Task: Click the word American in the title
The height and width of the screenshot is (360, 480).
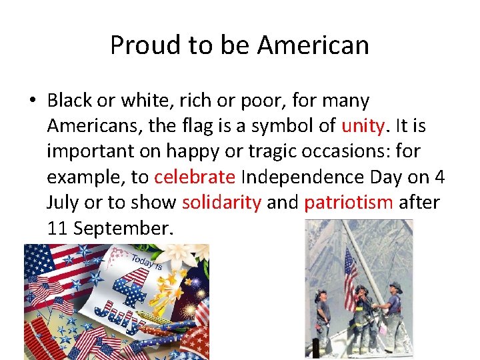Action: (313, 45)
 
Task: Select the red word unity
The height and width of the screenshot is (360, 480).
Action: (363, 126)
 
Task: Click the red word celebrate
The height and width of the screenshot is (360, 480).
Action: (195, 177)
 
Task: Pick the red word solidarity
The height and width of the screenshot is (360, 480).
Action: (221, 202)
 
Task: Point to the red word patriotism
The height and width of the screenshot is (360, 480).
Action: (349, 202)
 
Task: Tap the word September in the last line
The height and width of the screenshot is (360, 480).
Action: (124, 227)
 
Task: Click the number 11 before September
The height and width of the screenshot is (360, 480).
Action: (58, 227)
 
